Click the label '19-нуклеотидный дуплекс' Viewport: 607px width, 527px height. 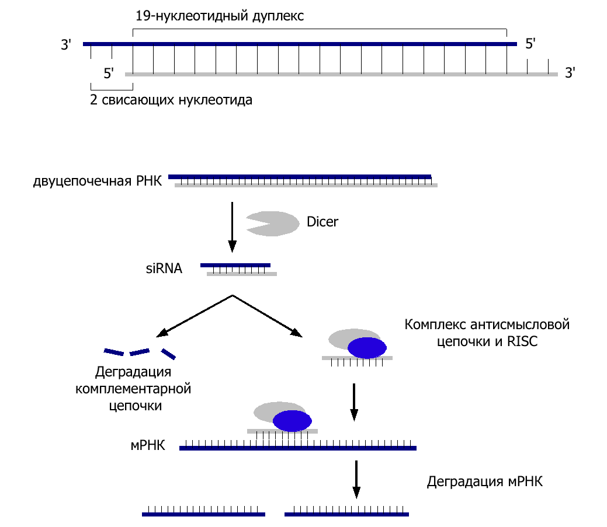(219, 16)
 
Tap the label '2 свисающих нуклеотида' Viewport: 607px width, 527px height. (171, 100)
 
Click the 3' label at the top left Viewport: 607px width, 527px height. (65, 44)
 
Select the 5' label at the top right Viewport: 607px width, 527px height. (530, 44)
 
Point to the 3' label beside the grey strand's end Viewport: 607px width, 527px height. (571, 74)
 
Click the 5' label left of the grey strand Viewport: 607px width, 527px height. (109, 74)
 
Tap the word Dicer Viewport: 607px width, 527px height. (322, 222)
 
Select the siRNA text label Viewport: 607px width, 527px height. (164, 269)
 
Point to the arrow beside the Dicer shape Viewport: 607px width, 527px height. (232, 226)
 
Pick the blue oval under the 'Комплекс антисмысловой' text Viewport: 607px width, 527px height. (367, 347)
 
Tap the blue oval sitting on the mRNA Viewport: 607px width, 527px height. (292, 421)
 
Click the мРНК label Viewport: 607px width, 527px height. (148, 447)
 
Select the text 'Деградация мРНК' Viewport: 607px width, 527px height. (485, 482)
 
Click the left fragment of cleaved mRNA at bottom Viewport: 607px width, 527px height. (203, 514)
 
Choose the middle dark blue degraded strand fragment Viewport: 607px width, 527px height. (140, 352)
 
